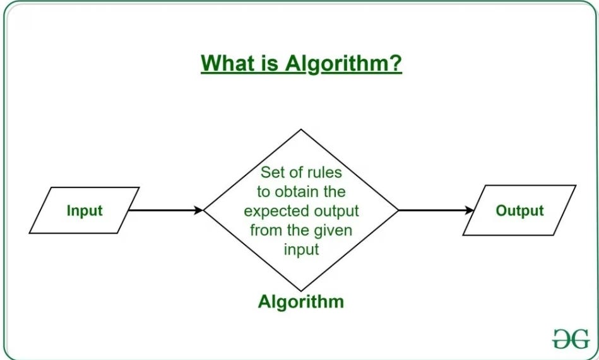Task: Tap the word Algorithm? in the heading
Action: [x=343, y=64]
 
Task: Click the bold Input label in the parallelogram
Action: [x=84, y=210]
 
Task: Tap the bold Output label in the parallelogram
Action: [x=519, y=210]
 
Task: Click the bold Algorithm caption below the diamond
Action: [x=301, y=301]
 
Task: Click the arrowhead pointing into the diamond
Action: [x=199, y=210]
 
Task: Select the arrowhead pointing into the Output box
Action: [x=470, y=210]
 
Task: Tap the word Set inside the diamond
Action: [x=273, y=172]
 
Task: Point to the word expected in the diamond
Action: [x=273, y=210]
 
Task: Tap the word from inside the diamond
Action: [x=265, y=229]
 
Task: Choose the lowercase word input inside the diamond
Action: [x=301, y=248]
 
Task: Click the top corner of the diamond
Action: [x=301, y=130]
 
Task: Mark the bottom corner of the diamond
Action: [x=301, y=290]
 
